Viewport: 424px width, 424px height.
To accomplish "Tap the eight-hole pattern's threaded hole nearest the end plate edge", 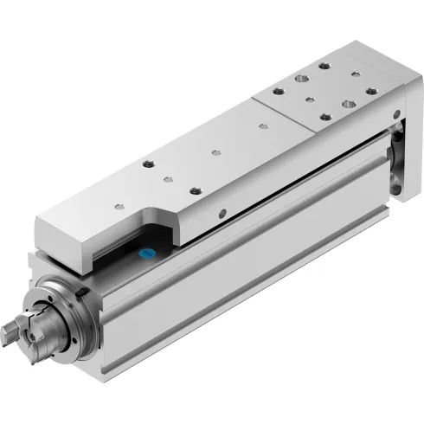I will (371, 91).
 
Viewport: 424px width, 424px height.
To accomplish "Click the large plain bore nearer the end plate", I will (348, 103).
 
